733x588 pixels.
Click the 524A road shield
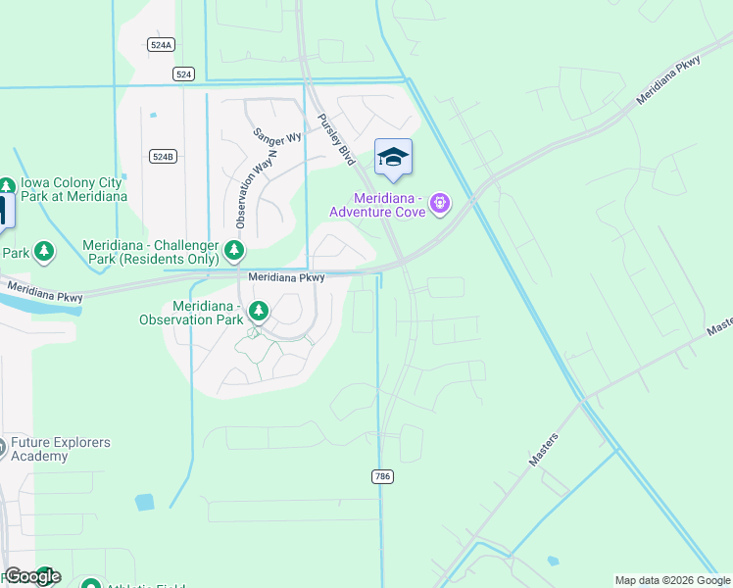(x=162, y=45)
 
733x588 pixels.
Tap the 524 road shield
(x=183, y=73)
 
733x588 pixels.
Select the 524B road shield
(x=163, y=157)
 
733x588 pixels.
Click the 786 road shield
(x=382, y=476)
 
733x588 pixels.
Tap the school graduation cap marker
(x=393, y=158)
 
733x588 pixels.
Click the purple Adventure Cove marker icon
(x=440, y=204)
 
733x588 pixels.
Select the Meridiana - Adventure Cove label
(x=377, y=204)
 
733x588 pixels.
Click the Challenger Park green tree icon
(x=234, y=250)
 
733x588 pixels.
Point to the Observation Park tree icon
(x=259, y=312)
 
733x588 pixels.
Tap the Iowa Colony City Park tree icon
(x=7, y=185)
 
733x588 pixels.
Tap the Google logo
(x=31, y=576)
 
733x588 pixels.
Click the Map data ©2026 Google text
(x=672, y=580)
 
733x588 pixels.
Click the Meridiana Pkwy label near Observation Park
(x=286, y=278)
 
